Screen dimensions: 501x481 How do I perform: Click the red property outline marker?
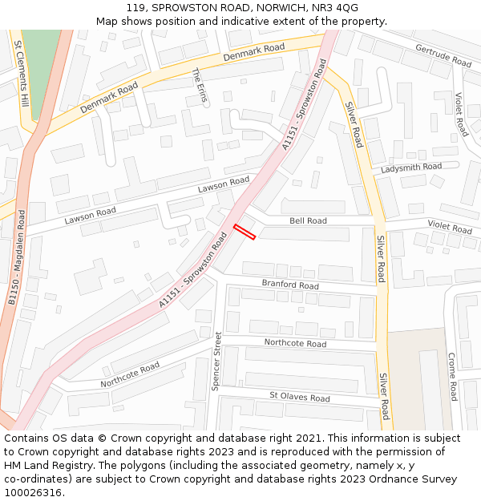click(245, 232)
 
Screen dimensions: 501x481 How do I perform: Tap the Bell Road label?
click(308, 220)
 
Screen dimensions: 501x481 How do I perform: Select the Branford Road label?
click(290, 285)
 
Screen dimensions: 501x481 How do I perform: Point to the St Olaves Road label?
click(299, 397)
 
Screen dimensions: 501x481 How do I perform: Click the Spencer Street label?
click(216, 362)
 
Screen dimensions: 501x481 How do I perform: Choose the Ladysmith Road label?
click(411, 168)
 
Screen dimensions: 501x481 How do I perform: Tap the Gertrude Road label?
click(443, 55)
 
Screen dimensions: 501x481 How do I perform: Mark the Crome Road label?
click(452, 376)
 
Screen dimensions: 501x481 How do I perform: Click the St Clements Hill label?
click(23, 77)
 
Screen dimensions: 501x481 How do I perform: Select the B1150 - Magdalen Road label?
click(17, 257)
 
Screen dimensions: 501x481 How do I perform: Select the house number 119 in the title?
click(135, 7)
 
